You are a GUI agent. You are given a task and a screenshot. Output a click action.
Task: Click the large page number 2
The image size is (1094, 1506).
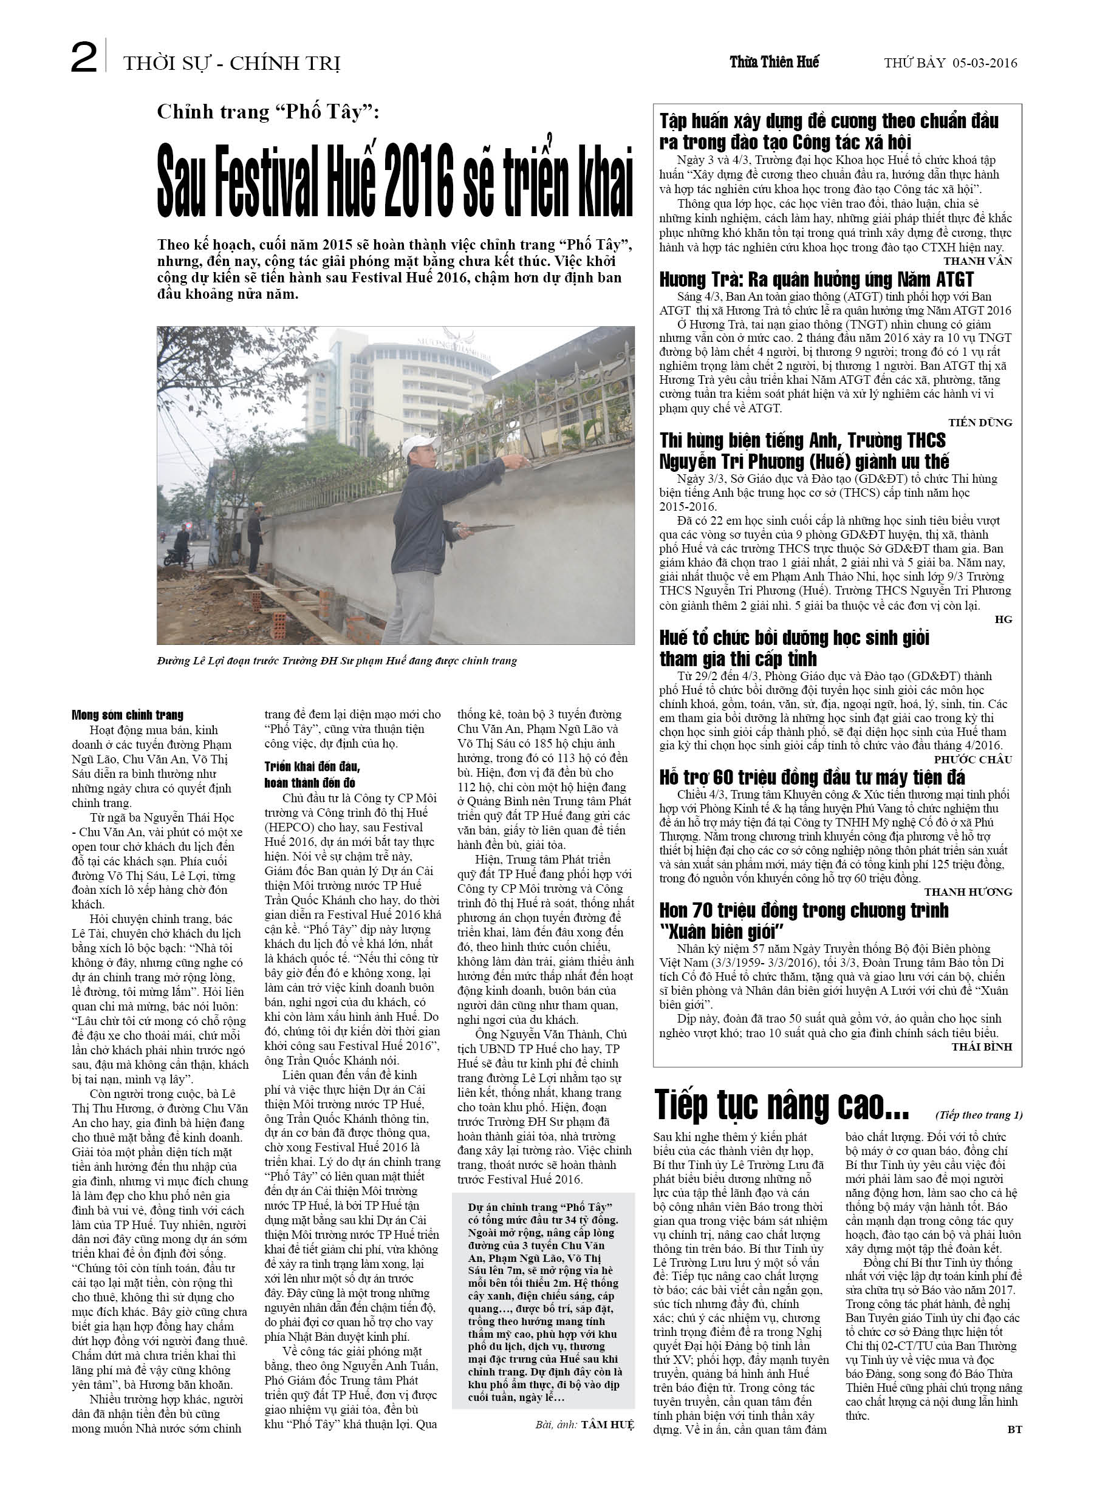pyautogui.click(x=84, y=58)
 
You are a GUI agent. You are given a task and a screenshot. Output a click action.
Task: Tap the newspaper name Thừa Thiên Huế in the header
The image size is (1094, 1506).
pyautogui.click(x=774, y=63)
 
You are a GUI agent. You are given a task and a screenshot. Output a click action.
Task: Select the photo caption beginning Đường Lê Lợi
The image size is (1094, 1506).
pyautogui.click(x=337, y=661)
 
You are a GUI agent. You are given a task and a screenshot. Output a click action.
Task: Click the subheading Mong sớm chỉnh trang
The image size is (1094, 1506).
pyautogui.click(x=128, y=715)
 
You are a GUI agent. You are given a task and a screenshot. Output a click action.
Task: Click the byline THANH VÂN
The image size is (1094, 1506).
pyautogui.click(x=977, y=261)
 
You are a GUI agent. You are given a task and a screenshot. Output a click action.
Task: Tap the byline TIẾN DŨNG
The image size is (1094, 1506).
pyautogui.click(x=980, y=422)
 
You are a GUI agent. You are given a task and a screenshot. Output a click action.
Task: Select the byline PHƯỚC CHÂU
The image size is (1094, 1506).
pyautogui.click(x=973, y=759)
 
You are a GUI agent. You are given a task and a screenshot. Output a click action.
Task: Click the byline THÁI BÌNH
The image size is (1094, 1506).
pyautogui.click(x=981, y=1046)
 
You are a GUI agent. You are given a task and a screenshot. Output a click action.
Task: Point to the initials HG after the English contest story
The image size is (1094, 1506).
pyautogui.click(x=1003, y=619)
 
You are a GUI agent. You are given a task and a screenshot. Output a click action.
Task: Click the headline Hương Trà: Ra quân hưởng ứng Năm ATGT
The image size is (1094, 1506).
pyautogui.click(x=816, y=279)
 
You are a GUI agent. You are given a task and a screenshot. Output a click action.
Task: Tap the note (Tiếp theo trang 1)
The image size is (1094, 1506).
pyautogui.click(x=979, y=1115)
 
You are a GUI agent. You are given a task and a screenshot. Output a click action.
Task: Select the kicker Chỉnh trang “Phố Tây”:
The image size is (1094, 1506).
pyautogui.click(x=268, y=112)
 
